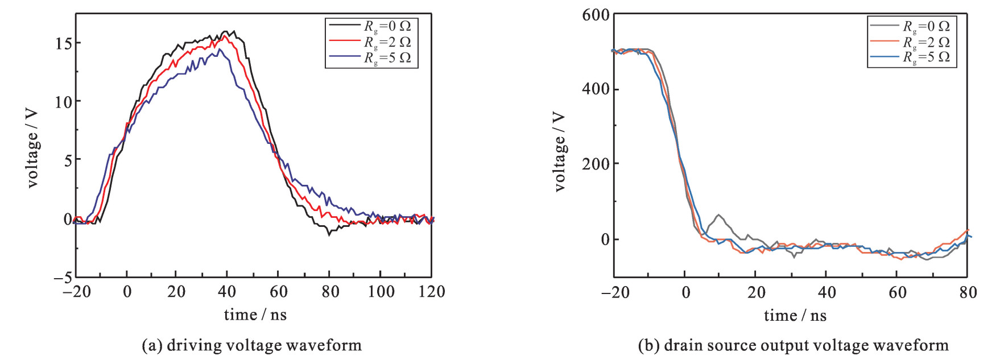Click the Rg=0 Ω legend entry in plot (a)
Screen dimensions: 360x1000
click(x=387, y=26)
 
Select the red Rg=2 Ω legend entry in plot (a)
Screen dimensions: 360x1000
click(x=387, y=42)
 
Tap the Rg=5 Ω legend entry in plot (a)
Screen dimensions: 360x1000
click(x=387, y=57)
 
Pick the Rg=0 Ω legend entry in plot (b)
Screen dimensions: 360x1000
click(x=926, y=26)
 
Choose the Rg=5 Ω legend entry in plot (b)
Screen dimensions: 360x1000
click(x=926, y=57)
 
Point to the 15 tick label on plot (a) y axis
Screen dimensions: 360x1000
click(x=64, y=43)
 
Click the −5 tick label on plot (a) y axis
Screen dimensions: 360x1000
click(x=63, y=278)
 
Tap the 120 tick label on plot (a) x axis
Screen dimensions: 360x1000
click(x=431, y=292)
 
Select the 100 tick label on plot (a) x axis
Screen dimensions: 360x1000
click(x=381, y=292)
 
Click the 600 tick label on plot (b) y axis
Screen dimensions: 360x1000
click(x=596, y=15)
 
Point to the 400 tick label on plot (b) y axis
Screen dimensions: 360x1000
click(x=596, y=89)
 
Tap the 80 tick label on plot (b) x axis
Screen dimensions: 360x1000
click(x=968, y=293)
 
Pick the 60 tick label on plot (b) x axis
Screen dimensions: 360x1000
click(x=897, y=293)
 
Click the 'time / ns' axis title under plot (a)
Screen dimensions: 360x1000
click(x=255, y=315)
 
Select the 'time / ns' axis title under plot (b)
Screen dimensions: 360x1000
click(x=795, y=316)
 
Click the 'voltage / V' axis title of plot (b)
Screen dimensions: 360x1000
click(x=560, y=151)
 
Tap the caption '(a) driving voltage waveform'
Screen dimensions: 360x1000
click(x=251, y=345)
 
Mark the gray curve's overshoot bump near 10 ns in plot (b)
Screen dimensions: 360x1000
click(x=719, y=216)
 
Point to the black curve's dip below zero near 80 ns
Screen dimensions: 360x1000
click(x=329, y=233)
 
